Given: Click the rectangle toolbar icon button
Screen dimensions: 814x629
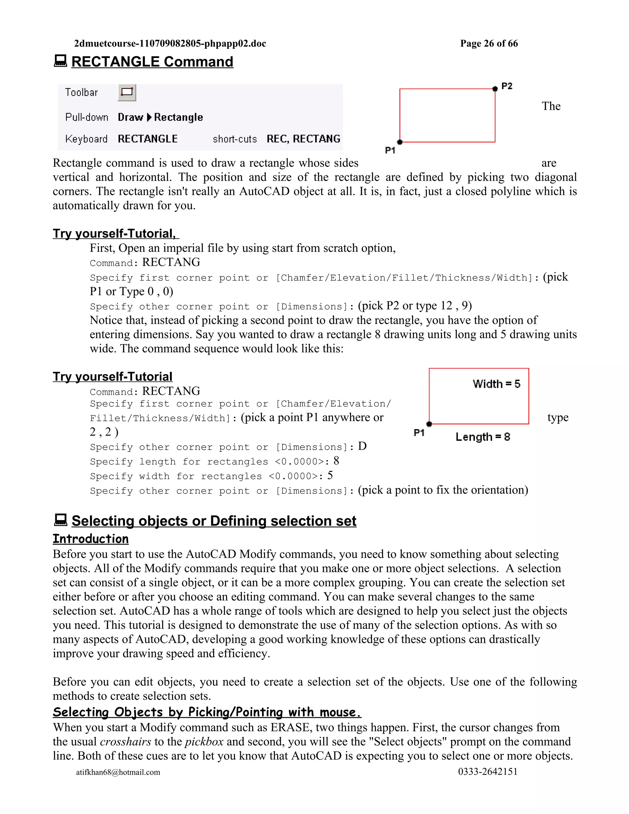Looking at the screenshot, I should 127,92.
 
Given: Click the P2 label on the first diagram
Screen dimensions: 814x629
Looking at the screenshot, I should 507,86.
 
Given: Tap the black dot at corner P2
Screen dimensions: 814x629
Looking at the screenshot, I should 495,89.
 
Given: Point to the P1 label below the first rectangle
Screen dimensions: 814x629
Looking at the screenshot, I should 390,150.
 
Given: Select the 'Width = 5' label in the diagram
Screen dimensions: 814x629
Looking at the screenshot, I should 496,384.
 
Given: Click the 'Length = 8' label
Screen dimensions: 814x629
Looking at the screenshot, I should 482,437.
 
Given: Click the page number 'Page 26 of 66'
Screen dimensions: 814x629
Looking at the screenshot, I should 489,44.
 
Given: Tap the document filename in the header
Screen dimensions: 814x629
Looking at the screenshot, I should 170,44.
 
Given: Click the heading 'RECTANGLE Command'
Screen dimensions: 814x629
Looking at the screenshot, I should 152,62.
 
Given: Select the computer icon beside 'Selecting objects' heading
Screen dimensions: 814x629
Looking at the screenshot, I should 61,520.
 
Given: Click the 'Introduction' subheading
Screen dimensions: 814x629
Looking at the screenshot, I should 91,539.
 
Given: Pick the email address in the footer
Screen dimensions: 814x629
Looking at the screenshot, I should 118,772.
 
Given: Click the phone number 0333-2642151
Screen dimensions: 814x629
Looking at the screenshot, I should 488,772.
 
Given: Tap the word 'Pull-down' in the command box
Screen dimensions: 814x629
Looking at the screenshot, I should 86,117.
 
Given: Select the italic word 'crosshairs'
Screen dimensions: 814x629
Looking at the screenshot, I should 126,742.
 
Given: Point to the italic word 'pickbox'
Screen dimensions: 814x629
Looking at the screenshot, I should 204,742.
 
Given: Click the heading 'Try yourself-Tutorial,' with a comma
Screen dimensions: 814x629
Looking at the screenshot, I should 115,234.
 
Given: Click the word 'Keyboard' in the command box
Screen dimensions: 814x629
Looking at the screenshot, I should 86,139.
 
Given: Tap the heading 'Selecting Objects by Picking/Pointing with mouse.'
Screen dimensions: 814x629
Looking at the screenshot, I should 207,712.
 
